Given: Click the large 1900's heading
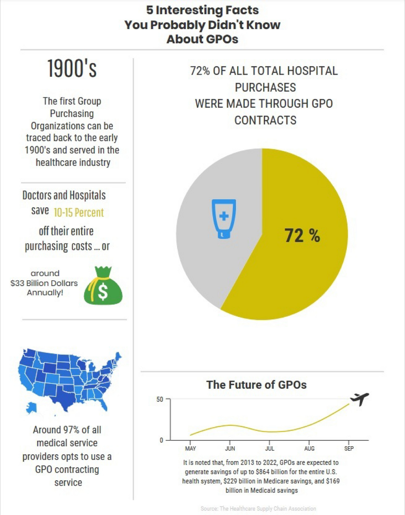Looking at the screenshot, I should [x=72, y=68].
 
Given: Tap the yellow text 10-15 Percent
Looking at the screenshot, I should [x=78, y=213].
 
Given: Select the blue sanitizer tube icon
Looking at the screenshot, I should [x=224, y=219].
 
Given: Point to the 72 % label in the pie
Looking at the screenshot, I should [x=302, y=236].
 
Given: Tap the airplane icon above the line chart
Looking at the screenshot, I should [x=360, y=399].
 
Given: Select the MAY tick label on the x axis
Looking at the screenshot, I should [x=190, y=449].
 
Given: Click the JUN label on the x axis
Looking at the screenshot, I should [x=230, y=449].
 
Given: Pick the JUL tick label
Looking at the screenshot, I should [x=270, y=449].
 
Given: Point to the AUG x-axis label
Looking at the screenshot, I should [x=309, y=449].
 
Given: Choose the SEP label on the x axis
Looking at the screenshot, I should [x=349, y=449].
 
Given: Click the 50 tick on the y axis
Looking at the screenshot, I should [x=160, y=399].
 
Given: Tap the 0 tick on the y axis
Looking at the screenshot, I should [x=162, y=440].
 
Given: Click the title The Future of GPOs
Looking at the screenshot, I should [x=256, y=385].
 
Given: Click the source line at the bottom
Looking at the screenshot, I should [x=258, y=508].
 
